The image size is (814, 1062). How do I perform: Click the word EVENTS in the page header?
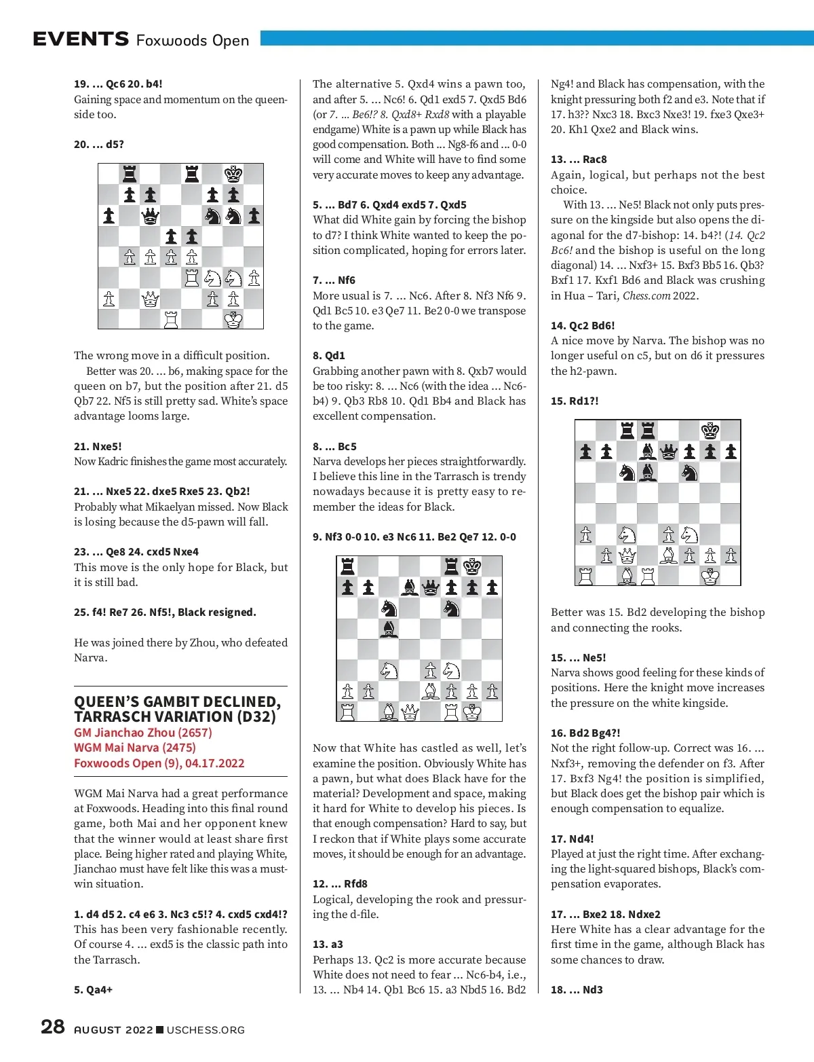click(81, 39)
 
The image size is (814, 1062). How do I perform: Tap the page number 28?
click(53, 1026)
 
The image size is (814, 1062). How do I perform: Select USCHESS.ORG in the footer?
click(206, 1029)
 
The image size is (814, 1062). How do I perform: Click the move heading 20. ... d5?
click(99, 144)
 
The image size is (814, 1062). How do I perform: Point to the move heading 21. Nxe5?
click(98, 446)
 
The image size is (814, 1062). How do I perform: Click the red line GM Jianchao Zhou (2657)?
click(143, 732)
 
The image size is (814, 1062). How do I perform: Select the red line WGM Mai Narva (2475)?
click(135, 747)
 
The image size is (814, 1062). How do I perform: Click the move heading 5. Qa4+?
click(94, 989)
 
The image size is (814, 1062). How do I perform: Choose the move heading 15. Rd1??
click(575, 401)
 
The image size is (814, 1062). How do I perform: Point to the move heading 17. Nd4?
click(573, 839)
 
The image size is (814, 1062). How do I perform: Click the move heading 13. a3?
click(328, 944)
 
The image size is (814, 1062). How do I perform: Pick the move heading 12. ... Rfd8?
click(340, 883)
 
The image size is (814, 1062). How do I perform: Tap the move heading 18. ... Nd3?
click(577, 989)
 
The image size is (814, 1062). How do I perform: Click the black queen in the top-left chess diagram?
click(150, 216)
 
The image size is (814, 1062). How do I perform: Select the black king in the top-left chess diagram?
click(233, 175)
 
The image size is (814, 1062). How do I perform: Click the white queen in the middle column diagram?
click(410, 712)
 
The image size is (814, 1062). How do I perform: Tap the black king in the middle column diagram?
click(472, 566)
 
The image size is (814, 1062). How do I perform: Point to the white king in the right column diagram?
click(710, 576)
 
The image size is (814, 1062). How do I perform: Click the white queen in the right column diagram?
click(627, 555)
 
